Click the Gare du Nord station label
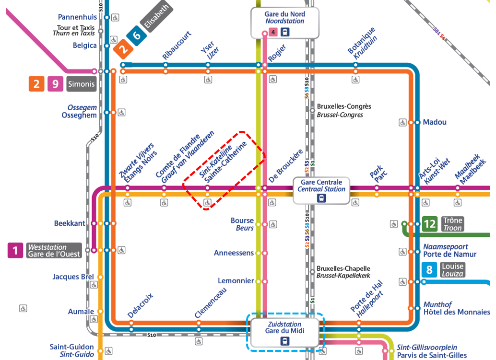pos(284,17)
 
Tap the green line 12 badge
pos(430,224)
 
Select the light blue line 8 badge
pos(429,270)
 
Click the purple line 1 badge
pos(15,250)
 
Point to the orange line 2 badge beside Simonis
pos(36,84)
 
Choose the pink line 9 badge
pos(55,84)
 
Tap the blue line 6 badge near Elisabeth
pos(137,35)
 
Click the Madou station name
pos(435,122)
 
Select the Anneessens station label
pos(234,253)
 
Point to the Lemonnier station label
pos(236,280)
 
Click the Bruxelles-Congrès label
pos(343,106)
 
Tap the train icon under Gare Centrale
pos(321,197)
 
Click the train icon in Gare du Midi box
pos(285,341)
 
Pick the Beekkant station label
pos(70,223)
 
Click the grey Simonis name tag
pos(82,84)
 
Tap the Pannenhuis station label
pos(77,17)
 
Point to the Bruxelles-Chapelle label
pos(343,268)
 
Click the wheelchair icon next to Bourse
pos(273,224)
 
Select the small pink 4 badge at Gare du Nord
pos(273,33)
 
